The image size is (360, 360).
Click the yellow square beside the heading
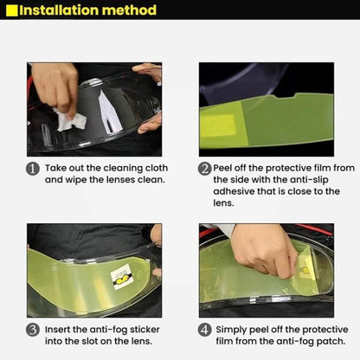pos(11,10)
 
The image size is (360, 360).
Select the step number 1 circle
pos(33,169)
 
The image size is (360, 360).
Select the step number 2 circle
pos(204,169)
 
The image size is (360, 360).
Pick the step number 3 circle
pos(33,330)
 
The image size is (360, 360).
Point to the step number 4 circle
pos(204,330)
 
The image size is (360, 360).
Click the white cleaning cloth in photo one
pos(71,120)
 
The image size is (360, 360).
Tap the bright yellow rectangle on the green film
pos(218,125)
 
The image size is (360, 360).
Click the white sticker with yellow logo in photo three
pos(122,276)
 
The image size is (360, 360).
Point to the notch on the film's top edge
pos(286,96)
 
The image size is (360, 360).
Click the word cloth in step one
pos(157,168)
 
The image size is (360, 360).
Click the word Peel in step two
pos(222,168)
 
